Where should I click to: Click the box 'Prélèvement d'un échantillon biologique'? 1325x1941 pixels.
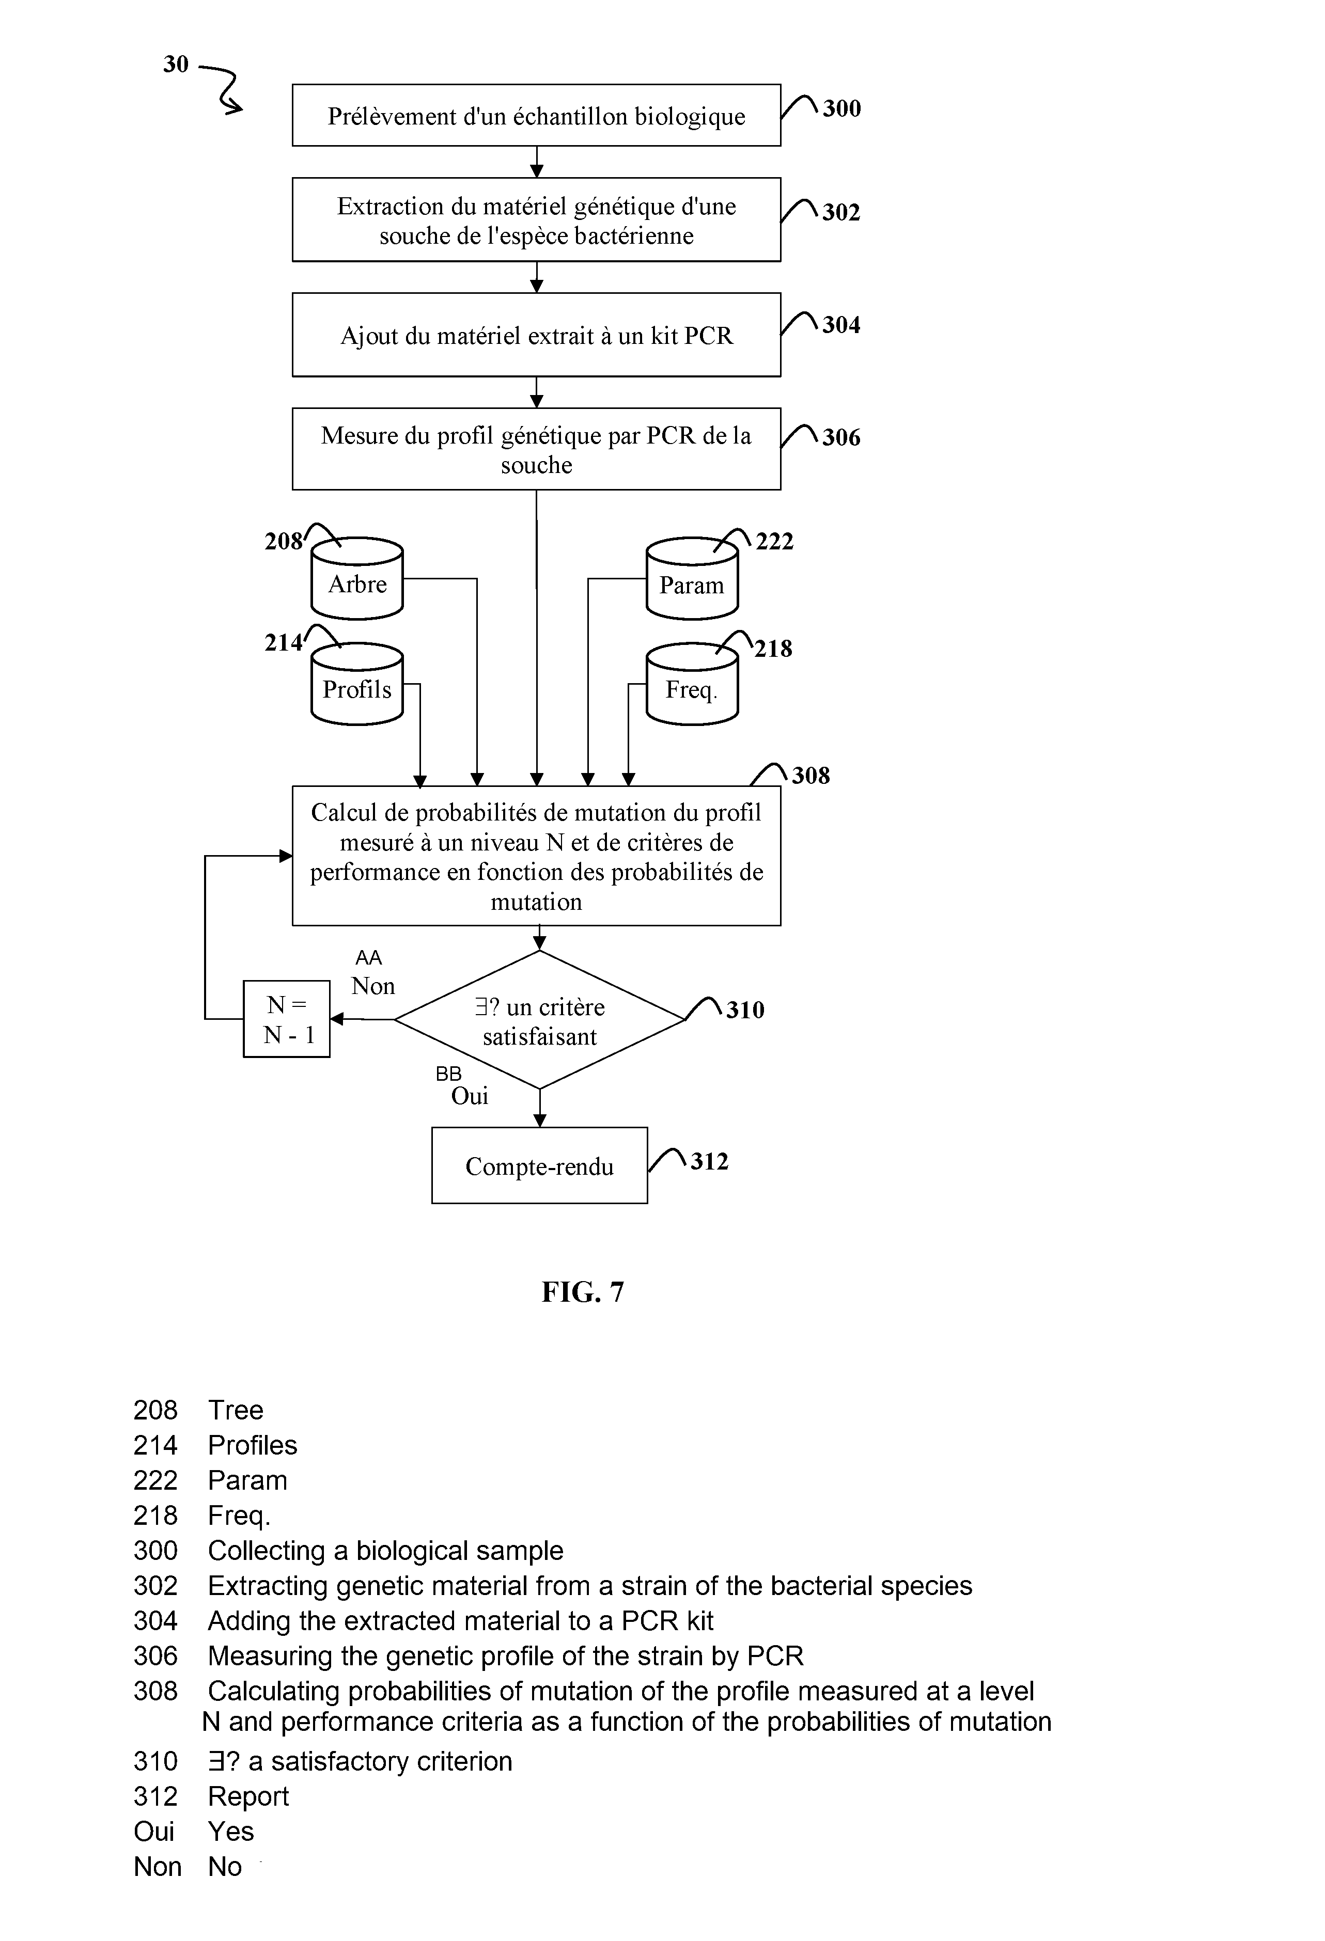tap(536, 115)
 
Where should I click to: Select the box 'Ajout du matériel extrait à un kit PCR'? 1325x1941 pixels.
tap(536, 335)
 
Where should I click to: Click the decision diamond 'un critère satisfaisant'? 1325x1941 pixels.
tap(540, 1020)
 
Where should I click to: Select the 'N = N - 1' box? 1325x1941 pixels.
tap(287, 1019)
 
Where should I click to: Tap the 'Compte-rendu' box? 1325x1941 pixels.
tap(540, 1166)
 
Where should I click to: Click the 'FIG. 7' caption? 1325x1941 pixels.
tap(582, 1292)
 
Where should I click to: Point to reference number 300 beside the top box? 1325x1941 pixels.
tap(841, 108)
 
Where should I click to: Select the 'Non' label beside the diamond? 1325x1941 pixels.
tap(373, 986)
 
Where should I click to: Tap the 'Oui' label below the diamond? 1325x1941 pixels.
tap(470, 1096)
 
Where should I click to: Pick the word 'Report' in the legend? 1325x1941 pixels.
tap(248, 1796)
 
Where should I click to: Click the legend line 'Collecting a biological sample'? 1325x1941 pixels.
tap(386, 1551)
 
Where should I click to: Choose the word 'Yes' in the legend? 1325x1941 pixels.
tap(230, 1832)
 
